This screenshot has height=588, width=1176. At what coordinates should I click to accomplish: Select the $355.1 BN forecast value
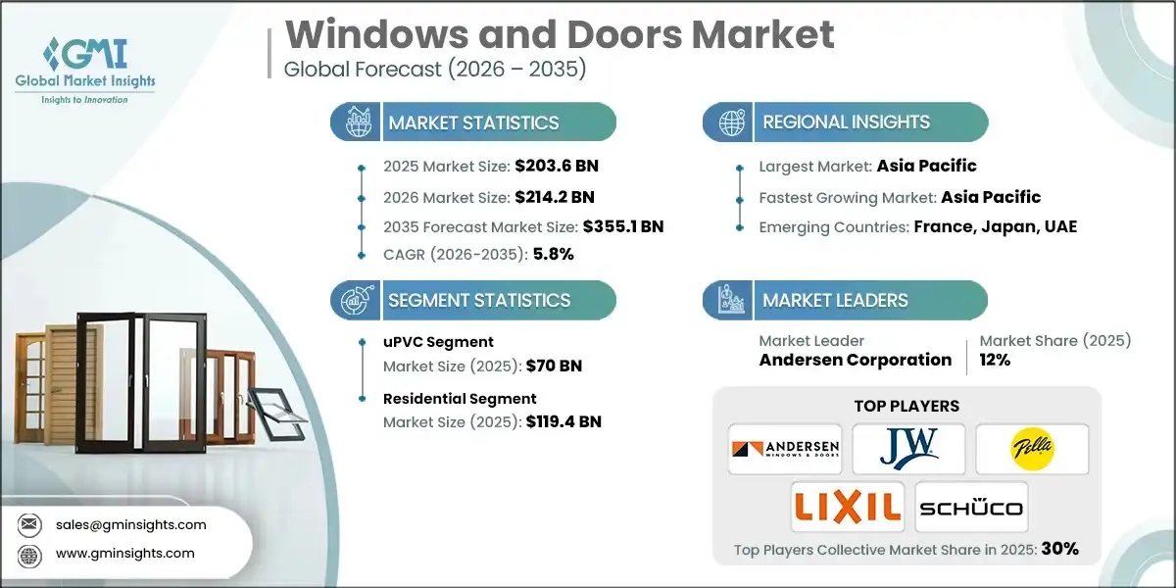622,226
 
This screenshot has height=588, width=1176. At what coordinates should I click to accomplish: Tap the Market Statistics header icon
356,122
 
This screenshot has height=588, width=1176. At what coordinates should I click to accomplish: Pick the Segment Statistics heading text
479,300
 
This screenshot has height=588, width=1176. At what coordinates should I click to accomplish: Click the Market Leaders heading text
836,300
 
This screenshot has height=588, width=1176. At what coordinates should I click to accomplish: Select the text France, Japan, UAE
996,226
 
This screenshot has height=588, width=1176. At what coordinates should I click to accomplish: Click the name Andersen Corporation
856,360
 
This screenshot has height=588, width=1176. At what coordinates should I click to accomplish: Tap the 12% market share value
995,360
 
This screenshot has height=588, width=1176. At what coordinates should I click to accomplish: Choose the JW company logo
908,449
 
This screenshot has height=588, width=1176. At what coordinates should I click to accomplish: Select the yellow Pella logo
1032,449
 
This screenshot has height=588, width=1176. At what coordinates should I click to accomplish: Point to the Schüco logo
971,507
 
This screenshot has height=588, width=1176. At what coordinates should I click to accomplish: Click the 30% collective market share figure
1060,549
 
